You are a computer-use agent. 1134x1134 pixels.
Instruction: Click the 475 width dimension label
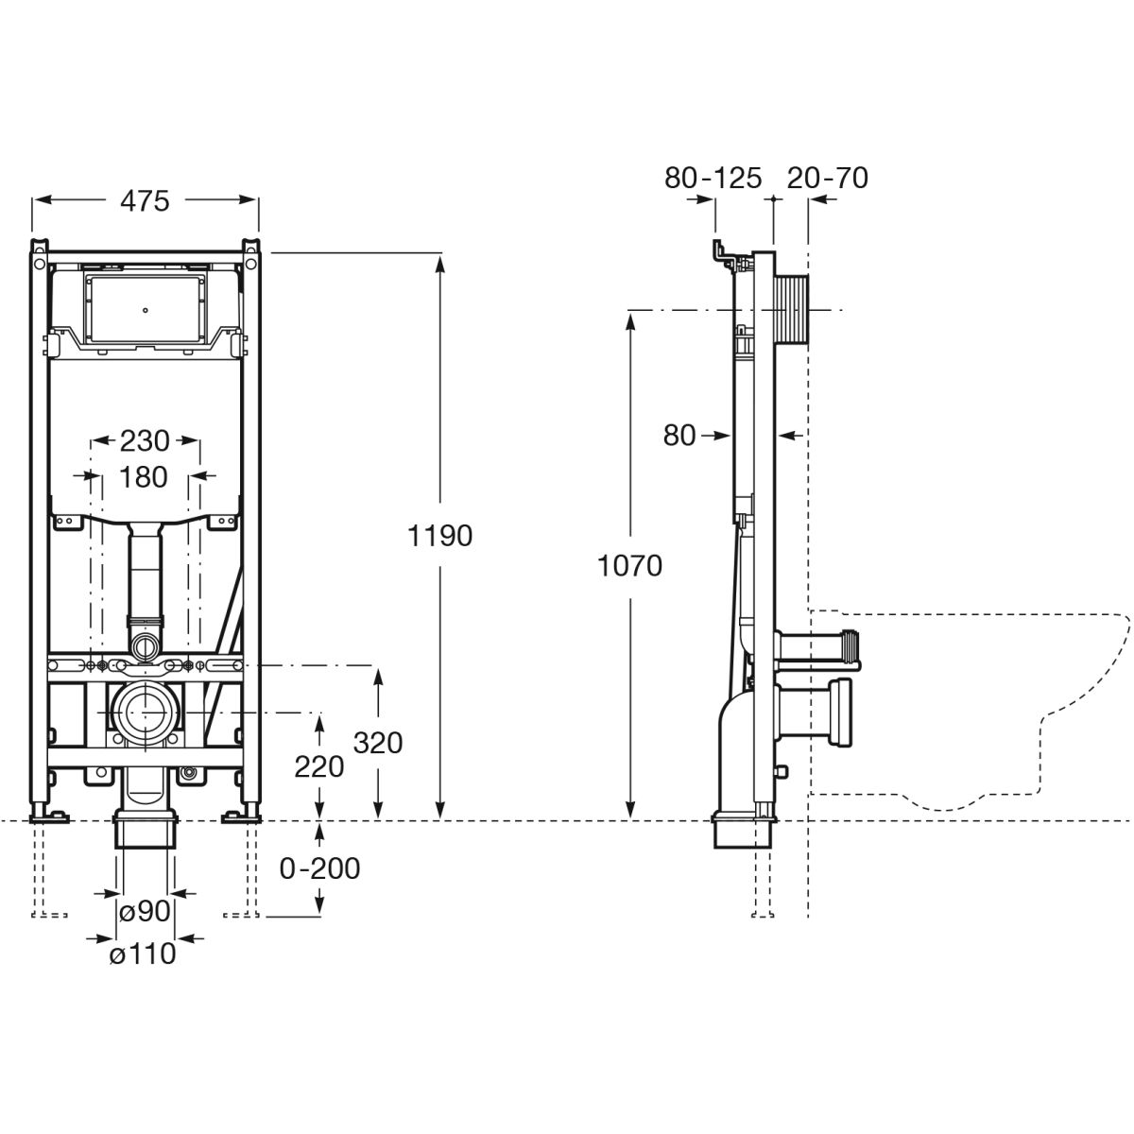(145, 201)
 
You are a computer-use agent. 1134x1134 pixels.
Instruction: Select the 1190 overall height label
(440, 536)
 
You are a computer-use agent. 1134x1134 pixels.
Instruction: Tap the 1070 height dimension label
(629, 566)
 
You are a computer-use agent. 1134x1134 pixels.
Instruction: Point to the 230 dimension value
(145, 440)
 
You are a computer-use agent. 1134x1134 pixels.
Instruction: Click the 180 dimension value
(144, 476)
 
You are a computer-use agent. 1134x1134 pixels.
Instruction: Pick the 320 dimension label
(378, 744)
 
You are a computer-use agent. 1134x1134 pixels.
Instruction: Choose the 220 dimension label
(319, 766)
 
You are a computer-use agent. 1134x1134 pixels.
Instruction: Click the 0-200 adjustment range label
(319, 868)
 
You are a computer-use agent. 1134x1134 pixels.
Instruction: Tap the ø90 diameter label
(145, 912)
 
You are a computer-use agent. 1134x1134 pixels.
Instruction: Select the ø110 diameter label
(143, 954)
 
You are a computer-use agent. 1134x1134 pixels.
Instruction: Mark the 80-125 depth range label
(713, 178)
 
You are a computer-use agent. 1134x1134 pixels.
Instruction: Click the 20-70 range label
(828, 178)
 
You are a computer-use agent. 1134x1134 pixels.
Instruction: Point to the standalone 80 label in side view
(679, 436)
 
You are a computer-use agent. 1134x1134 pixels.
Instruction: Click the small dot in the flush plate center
(146, 310)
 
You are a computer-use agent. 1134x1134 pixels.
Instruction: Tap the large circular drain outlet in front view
(145, 713)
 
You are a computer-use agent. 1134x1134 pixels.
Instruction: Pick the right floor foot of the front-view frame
(241, 816)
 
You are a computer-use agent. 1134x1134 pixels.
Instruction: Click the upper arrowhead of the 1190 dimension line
(439, 266)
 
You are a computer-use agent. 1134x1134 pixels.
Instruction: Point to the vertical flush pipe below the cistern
(145, 583)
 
